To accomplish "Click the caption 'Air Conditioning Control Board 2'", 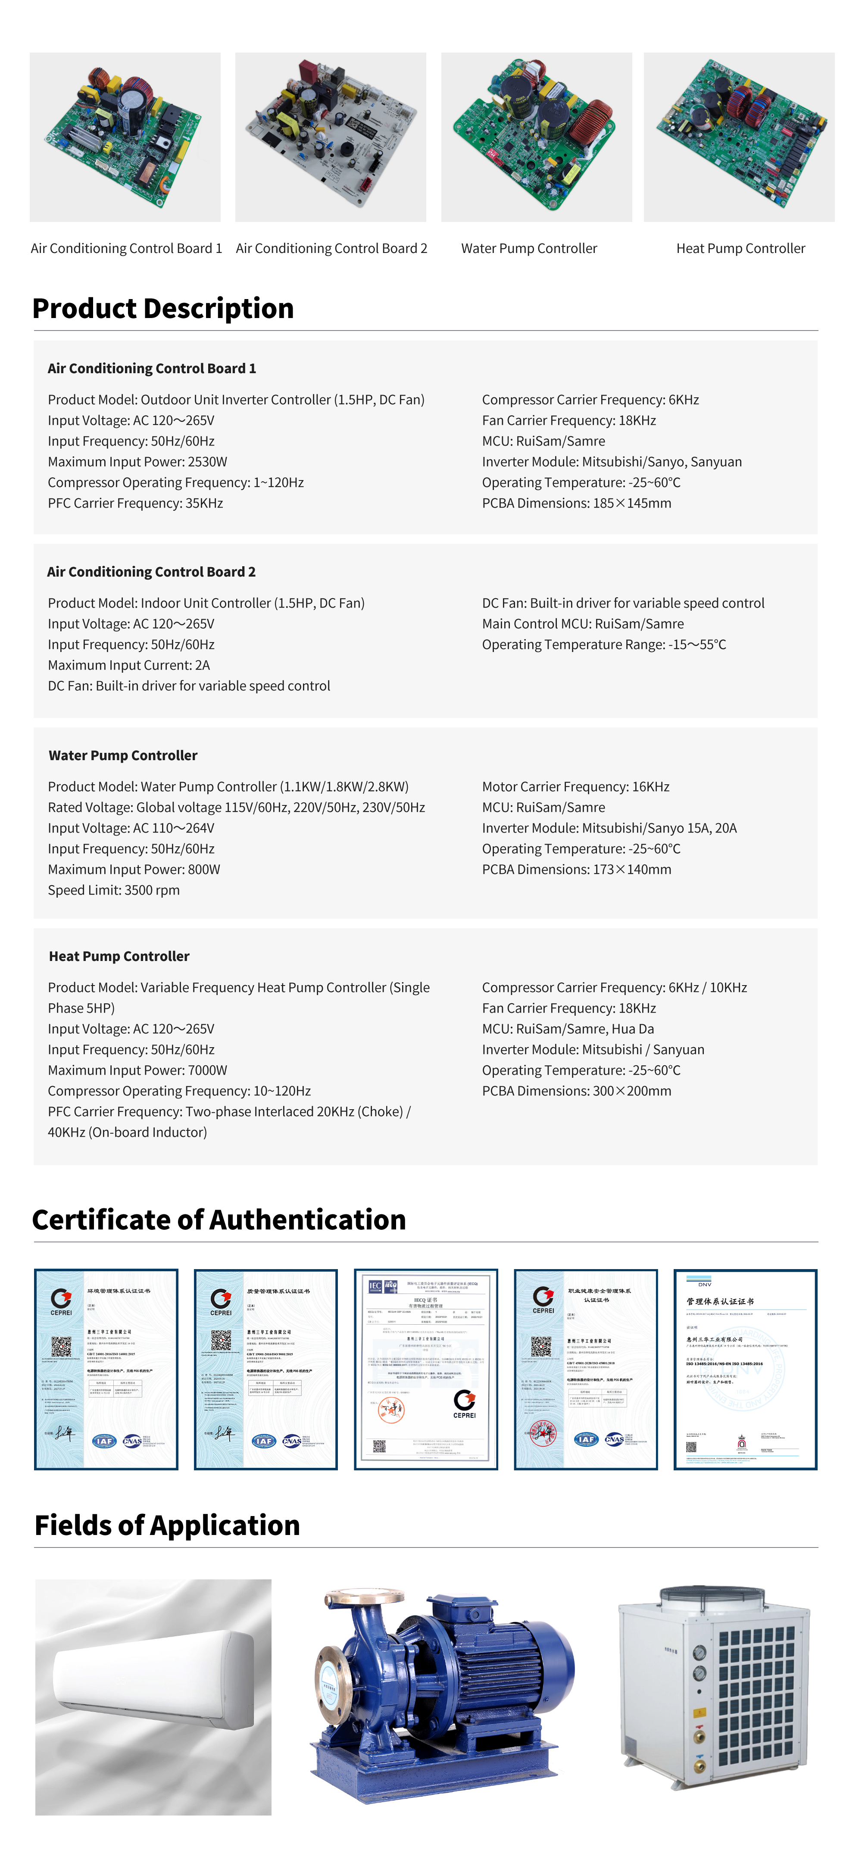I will click(x=331, y=249).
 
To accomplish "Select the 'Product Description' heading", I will click(x=163, y=308).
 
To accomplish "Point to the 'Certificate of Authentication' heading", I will click(x=219, y=1220).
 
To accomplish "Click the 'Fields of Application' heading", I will click(x=167, y=1525).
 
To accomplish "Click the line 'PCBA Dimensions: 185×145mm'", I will click(x=576, y=503).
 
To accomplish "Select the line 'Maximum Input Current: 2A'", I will click(x=128, y=665).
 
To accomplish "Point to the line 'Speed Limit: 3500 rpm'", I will click(x=113, y=890).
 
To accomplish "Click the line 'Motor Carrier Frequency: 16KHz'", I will click(x=575, y=786).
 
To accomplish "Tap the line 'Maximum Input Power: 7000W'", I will click(x=137, y=1070).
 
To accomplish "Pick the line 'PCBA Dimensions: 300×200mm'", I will click(x=576, y=1091).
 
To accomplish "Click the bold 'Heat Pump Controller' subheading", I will click(x=119, y=956).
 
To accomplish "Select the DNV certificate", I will click(x=745, y=1369).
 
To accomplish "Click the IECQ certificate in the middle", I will click(x=425, y=1369).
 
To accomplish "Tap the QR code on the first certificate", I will click(x=61, y=1347).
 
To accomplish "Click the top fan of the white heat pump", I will click(x=711, y=1596).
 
